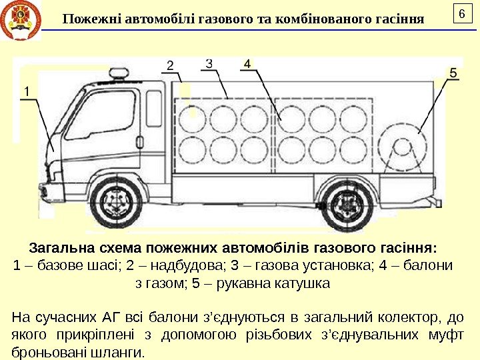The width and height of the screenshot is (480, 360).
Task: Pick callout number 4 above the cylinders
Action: [x=247, y=64]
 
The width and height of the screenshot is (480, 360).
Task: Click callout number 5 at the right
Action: [x=454, y=73]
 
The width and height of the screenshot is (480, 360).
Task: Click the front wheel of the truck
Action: [x=118, y=202]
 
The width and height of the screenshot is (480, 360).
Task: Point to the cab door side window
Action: [x=109, y=113]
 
